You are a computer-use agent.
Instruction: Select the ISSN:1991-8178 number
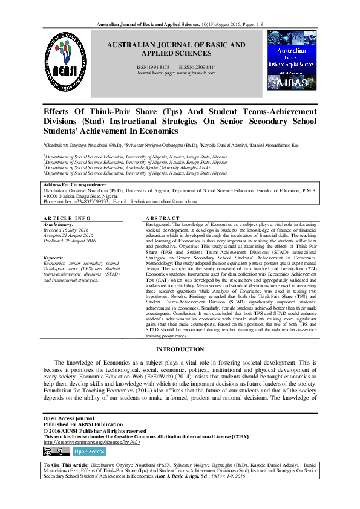tap(151, 66)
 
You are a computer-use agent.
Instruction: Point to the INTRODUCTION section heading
tap(180, 349)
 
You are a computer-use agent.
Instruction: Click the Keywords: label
tap(54, 258)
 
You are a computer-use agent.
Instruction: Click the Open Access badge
tap(89, 451)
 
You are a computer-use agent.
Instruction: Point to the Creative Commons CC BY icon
tap(55, 451)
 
